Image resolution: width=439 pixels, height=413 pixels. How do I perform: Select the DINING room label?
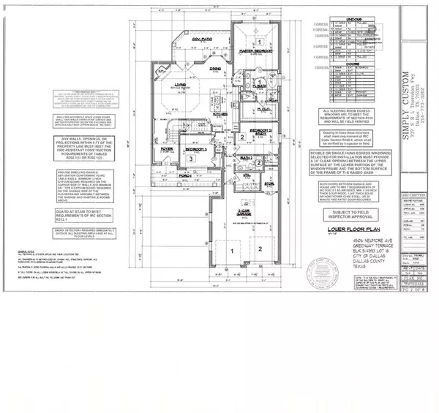(215, 90)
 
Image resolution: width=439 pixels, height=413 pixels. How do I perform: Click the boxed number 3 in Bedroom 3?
(192, 158)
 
